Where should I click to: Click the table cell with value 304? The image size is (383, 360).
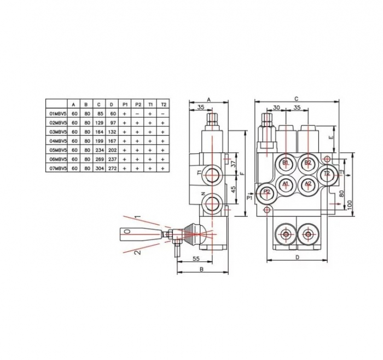[x=99, y=168]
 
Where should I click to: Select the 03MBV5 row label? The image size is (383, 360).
[x=56, y=132]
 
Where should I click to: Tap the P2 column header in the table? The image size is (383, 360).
[x=137, y=104]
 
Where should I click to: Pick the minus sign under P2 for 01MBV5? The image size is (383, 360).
[x=137, y=113]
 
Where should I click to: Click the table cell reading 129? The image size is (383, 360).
[x=99, y=123]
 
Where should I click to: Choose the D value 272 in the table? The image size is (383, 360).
[x=113, y=168]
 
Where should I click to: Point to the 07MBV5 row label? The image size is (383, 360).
[x=56, y=168]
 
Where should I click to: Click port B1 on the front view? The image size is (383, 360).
[x=286, y=163]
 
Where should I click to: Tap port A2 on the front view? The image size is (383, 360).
[x=307, y=184]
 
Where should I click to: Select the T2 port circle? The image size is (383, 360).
[x=327, y=174]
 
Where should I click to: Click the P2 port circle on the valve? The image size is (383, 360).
[x=266, y=192]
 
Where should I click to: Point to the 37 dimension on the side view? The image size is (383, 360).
[x=232, y=163]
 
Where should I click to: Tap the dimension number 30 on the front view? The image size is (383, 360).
[x=276, y=108]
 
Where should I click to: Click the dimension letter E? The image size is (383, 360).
[x=330, y=138]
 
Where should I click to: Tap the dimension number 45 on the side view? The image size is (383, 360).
[x=232, y=190]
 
